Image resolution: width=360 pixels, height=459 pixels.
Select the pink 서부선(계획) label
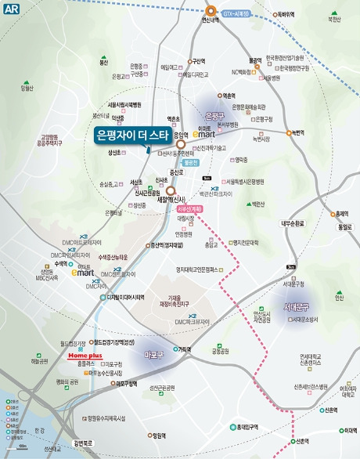click(191, 210)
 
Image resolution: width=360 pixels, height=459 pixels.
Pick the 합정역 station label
click(159, 436)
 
